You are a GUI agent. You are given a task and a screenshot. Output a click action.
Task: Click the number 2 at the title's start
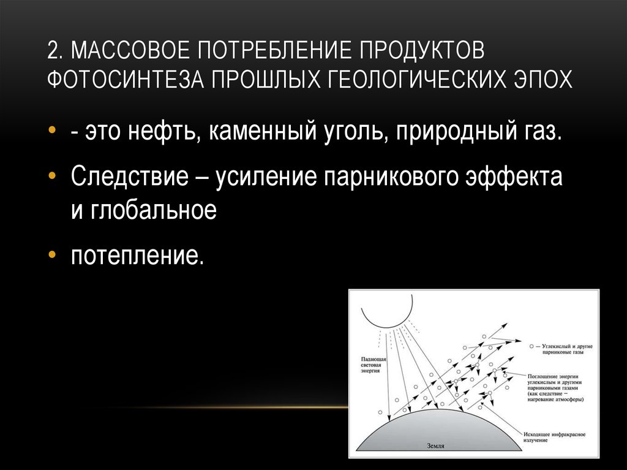coord(53,51)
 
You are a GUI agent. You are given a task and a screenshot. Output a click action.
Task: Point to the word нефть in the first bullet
coord(163,133)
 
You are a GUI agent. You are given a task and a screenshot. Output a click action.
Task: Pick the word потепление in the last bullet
coord(136,255)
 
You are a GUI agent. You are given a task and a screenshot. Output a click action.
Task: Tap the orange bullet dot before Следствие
coord(53,176)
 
